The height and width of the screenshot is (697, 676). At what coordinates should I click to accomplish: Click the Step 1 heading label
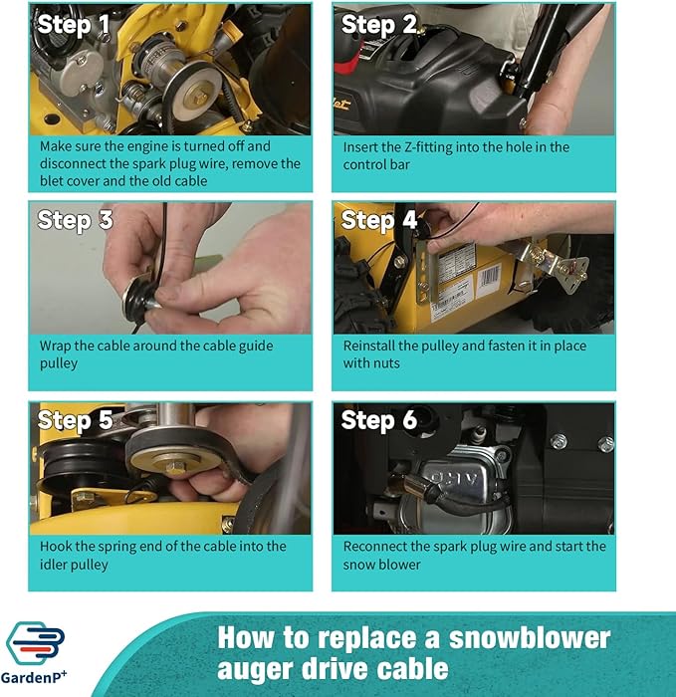(x=74, y=25)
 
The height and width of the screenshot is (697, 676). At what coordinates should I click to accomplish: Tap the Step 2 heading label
(x=379, y=25)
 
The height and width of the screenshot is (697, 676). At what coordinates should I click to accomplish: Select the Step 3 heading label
(x=75, y=221)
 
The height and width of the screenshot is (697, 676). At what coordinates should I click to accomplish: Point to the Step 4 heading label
(x=379, y=221)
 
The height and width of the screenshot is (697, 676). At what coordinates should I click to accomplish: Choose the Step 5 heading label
(x=75, y=421)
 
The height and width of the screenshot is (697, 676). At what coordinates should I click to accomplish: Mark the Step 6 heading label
(x=379, y=421)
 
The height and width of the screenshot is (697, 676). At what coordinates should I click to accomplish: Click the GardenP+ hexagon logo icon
(x=35, y=643)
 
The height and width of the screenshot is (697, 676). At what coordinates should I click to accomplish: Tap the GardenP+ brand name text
(x=34, y=677)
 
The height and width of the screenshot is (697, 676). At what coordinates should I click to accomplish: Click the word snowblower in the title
(x=530, y=638)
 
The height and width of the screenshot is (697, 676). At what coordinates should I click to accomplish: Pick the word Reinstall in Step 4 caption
(x=368, y=346)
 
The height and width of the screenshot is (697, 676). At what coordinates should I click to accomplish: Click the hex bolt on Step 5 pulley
(x=176, y=467)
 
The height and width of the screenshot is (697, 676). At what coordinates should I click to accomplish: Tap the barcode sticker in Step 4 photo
(x=490, y=278)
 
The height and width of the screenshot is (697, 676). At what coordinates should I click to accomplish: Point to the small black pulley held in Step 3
(x=136, y=299)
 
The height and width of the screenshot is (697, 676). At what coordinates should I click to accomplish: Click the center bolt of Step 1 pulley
(x=199, y=96)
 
